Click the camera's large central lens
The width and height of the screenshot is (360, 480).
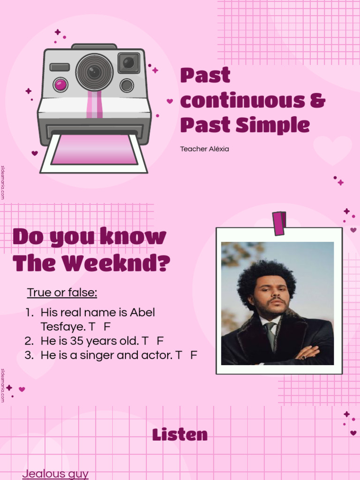point(94,72)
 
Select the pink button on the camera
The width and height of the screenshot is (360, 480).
point(60,85)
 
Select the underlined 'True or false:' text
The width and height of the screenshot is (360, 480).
point(62,292)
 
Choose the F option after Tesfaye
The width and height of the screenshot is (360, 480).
point(107,326)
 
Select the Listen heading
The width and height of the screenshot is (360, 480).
point(180,435)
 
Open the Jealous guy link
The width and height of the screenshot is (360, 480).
point(55,473)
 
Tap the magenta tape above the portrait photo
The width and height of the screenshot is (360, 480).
point(279,223)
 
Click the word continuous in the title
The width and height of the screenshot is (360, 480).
point(247,101)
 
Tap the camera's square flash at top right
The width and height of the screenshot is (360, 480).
point(128,63)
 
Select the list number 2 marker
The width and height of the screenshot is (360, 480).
point(29,341)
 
